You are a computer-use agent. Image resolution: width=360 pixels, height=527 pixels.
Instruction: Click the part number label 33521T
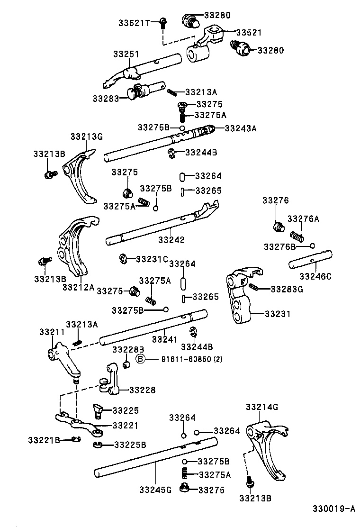pyautogui.click(x=134, y=22)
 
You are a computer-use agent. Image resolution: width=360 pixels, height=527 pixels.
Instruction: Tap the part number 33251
pyautogui.click(x=126, y=55)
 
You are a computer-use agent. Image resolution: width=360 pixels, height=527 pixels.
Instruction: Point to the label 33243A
pyautogui.click(x=240, y=128)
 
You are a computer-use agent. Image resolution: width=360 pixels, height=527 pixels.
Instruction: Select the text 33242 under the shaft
pyautogui.click(x=171, y=240)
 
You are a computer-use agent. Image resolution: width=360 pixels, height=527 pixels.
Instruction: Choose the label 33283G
pyautogui.click(x=287, y=289)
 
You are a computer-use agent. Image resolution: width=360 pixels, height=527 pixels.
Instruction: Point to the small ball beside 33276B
pyautogui.click(x=312, y=245)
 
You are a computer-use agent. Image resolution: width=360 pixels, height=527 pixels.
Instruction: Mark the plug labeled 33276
pyautogui.click(x=279, y=226)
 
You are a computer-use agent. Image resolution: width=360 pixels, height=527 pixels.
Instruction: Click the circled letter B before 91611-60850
pyautogui.click(x=140, y=359)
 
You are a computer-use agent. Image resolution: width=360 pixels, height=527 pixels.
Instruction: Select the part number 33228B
pyautogui.click(x=125, y=349)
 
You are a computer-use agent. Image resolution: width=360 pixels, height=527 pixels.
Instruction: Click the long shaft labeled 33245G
pyautogui.click(x=152, y=457)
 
